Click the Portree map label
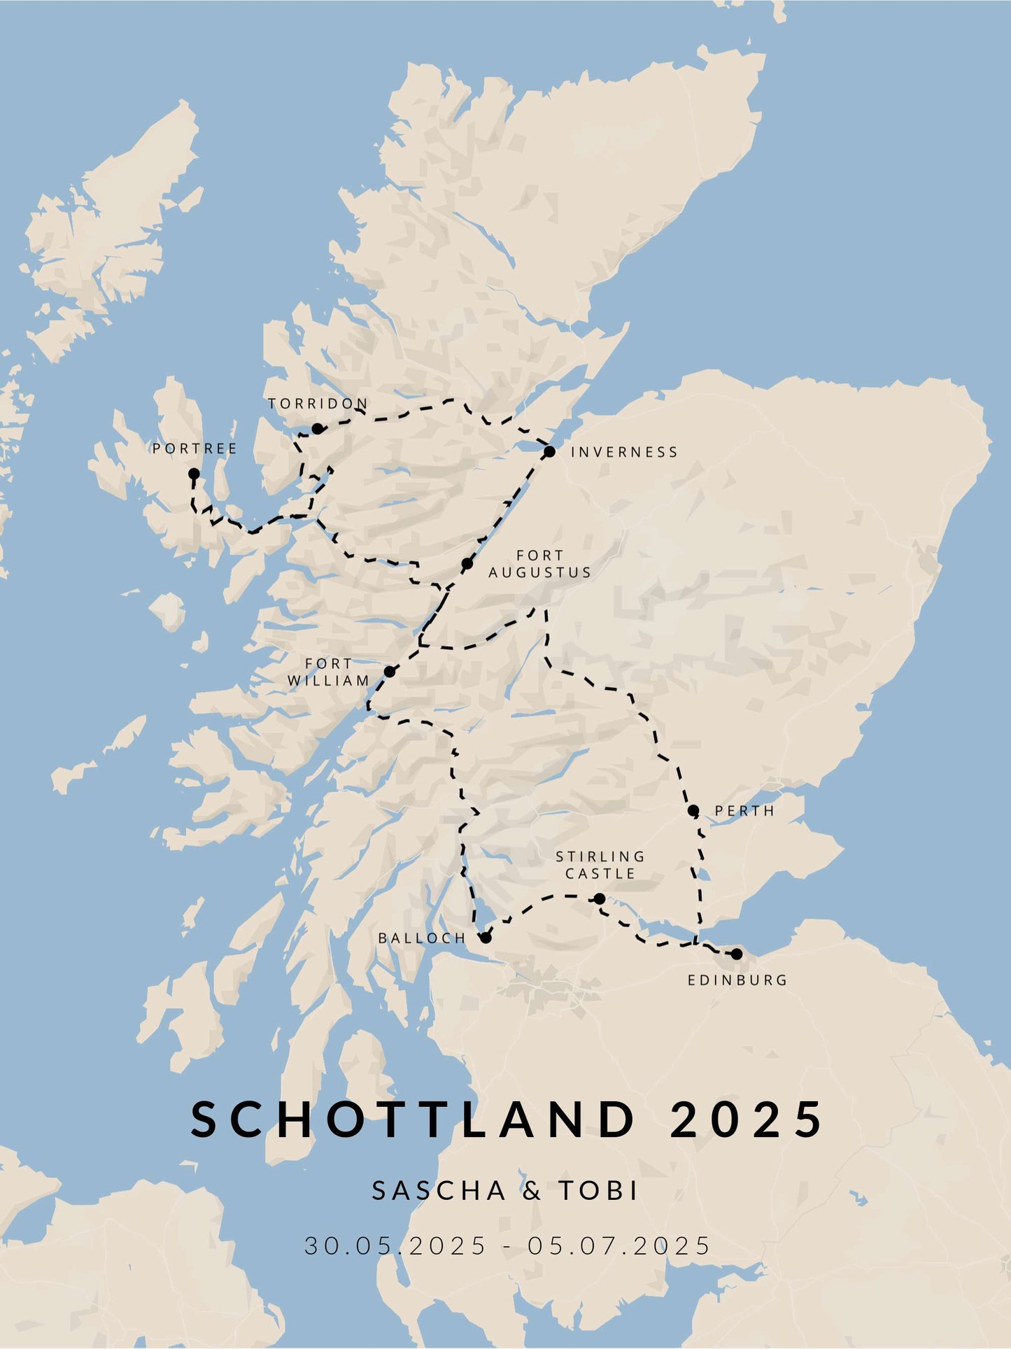point(195,449)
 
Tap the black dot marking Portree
point(194,474)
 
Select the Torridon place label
point(318,404)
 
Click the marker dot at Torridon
point(317,428)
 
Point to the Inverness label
point(624,452)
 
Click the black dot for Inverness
point(549,451)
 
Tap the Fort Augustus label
point(539,564)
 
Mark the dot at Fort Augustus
point(467,564)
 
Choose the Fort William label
point(328,672)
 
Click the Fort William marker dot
point(390,672)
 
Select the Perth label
point(744,811)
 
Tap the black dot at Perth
point(693,811)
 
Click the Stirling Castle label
point(600,865)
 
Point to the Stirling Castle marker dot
point(600,898)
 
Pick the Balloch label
point(422,938)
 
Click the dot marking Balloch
point(486,938)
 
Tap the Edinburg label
point(737,980)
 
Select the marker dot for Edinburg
point(736,954)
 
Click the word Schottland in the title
point(413,1119)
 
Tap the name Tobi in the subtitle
point(598,1190)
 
